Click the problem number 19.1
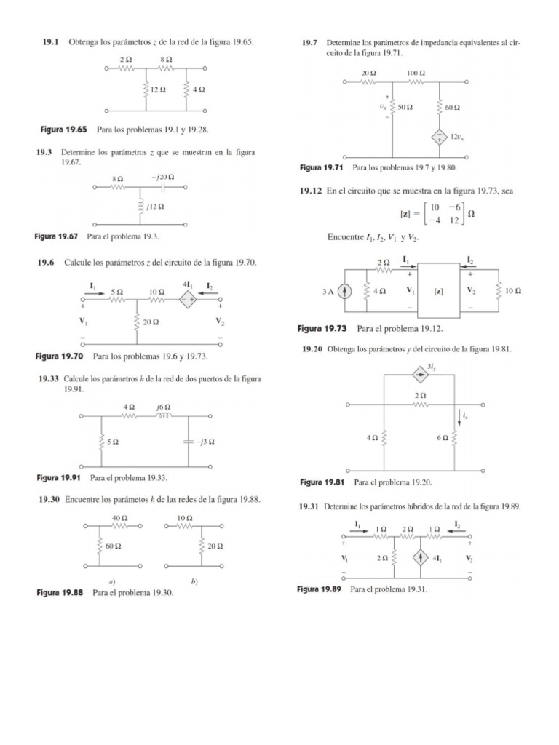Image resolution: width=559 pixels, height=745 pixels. [50, 43]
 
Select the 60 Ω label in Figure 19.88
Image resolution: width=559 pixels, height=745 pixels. [113, 545]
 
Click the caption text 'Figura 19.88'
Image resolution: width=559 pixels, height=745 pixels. [63, 593]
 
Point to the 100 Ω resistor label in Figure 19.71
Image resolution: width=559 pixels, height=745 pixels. [416, 73]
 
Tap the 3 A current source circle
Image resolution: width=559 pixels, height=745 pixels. [346, 291]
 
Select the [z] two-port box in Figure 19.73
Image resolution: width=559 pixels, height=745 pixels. [438, 291]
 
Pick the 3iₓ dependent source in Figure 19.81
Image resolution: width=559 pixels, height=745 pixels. [420, 375]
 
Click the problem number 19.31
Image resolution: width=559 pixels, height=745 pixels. [311, 506]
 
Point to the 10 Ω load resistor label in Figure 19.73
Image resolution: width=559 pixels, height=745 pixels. [513, 291]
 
